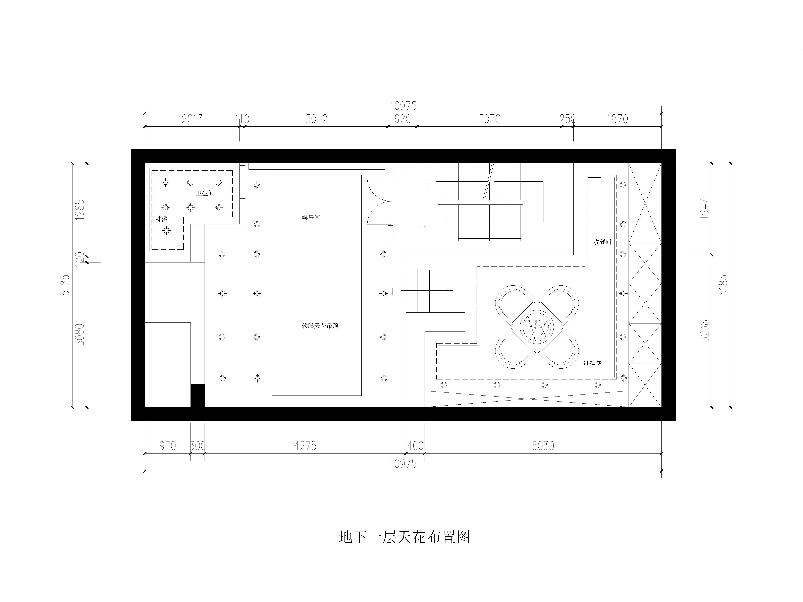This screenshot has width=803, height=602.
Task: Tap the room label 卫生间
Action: point(205,193)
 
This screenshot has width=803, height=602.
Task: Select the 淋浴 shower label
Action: point(161,219)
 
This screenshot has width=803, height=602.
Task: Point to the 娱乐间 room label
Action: point(311,218)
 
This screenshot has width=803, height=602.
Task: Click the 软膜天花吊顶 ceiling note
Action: point(320,326)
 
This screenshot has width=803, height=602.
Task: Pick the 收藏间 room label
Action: point(602,242)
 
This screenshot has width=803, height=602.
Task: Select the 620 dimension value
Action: point(402,119)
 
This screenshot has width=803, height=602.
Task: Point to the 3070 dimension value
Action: point(489,119)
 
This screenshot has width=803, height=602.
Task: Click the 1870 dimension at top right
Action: point(618,119)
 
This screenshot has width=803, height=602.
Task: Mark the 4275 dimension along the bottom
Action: point(305,446)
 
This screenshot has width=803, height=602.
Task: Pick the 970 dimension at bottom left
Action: point(167,446)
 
